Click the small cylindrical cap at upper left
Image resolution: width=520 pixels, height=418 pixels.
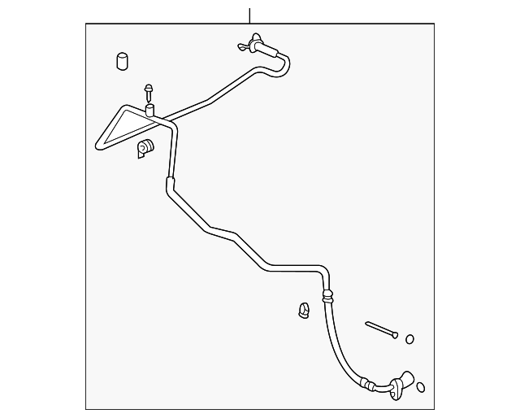pos(123,62)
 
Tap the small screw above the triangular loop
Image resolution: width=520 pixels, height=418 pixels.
pos(149,89)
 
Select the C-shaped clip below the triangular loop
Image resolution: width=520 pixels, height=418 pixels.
pos(145,148)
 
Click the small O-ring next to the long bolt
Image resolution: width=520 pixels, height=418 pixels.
pos(409,339)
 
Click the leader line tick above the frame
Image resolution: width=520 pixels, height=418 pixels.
pos(250,14)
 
